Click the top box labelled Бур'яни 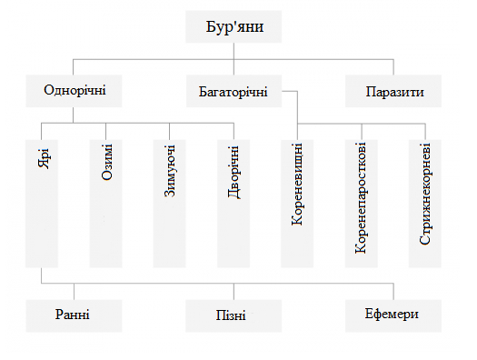[x=234, y=26]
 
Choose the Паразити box [x=394, y=92]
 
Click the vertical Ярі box [x=43, y=202]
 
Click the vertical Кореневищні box [x=297, y=202]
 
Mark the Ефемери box [x=394, y=315]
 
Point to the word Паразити [x=394, y=92]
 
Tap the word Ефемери [x=394, y=315]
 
